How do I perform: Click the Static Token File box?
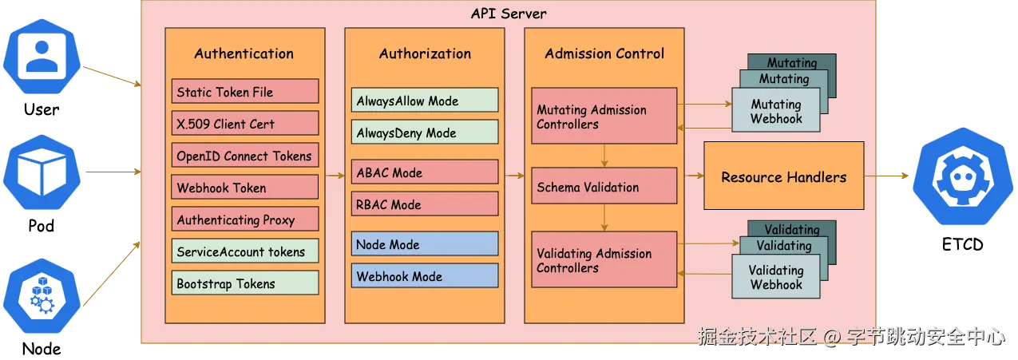tap(245, 91)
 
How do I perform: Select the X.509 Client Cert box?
tap(245, 123)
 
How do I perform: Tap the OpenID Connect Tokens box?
tap(245, 156)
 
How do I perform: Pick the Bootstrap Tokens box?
tap(245, 283)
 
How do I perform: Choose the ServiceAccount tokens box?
tap(245, 251)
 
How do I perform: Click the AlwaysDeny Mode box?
tap(425, 133)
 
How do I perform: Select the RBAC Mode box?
tap(425, 204)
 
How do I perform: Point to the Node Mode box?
tap(425, 244)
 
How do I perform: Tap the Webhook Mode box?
tap(425, 276)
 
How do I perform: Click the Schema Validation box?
tap(604, 186)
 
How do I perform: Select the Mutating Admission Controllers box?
tap(604, 116)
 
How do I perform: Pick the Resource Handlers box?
tap(783, 176)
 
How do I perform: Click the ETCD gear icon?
tap(963, 176)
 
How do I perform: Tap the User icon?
tap(42, 57)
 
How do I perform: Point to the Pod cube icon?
tap(42, 172)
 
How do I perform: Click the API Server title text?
tap(509, 14)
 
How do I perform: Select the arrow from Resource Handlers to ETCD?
tap(886, 176)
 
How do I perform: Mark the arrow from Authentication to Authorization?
tap(335, 176)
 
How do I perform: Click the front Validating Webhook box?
tap(776, 276)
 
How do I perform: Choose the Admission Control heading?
tap(604, 53)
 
